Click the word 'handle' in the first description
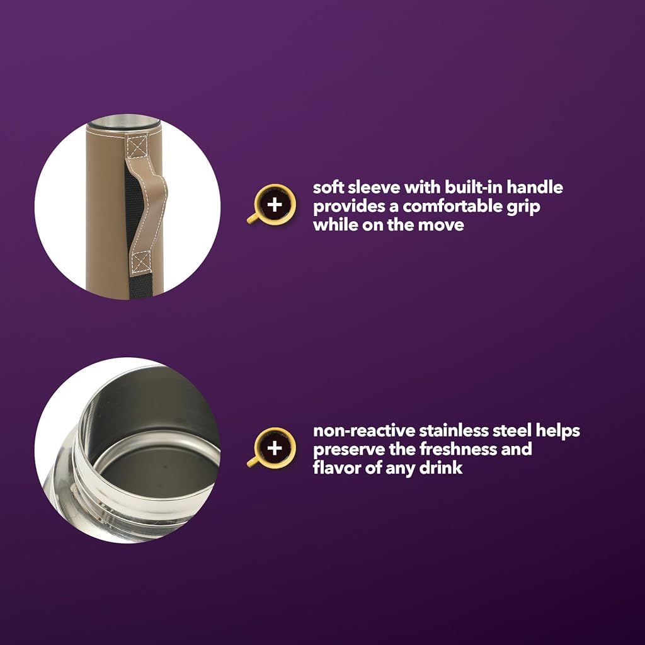(534, 187)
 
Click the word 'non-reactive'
(363, 431)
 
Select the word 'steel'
(511, 430)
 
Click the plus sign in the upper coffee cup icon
(275, 205)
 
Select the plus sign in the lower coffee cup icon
(275, 448)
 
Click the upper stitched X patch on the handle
(137, 146)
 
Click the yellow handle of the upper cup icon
(252, 219)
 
